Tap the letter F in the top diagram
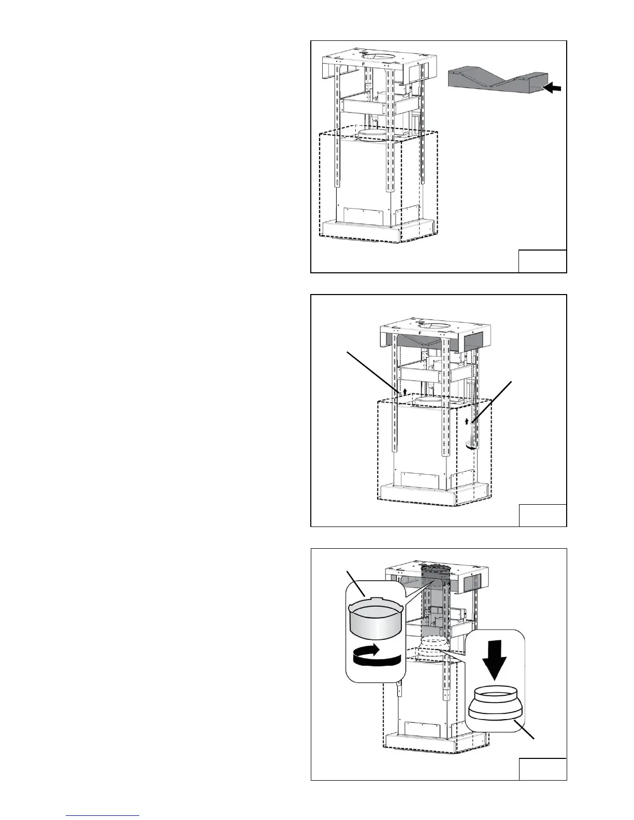point(364,64)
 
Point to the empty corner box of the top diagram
point(542,261)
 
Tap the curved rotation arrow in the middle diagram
point(471,448)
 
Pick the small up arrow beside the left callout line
point(406,391)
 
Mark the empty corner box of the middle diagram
point(542,515)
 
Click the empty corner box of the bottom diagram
point(542,768)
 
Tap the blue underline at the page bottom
point(103,815)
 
